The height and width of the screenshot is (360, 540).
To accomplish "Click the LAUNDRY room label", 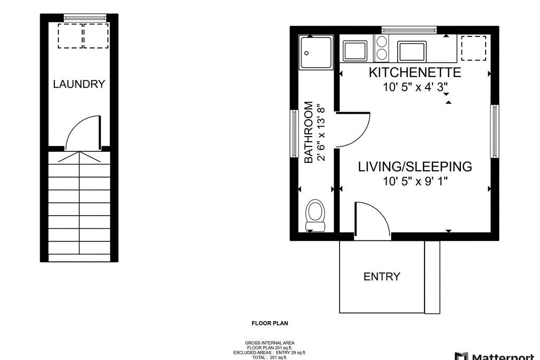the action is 79,84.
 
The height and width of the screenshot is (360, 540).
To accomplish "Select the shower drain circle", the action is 306,53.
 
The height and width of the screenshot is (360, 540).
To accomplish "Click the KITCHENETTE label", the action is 415,72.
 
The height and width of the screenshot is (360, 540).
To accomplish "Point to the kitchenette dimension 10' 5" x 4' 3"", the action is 416,87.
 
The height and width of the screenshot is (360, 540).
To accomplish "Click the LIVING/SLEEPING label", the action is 415,167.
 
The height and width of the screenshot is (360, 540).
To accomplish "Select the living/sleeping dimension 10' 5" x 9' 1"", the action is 416,181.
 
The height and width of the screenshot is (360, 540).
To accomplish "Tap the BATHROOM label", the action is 308,132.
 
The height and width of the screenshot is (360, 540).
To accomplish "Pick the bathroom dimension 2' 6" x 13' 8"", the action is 321,132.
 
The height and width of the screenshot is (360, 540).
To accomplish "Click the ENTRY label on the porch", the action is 382,276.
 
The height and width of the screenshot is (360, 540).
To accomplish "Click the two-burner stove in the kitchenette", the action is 381,47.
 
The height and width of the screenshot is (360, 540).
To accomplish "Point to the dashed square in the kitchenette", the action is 474,48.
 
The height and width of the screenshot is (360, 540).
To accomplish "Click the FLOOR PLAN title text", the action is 269,323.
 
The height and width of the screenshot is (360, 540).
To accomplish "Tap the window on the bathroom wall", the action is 294,133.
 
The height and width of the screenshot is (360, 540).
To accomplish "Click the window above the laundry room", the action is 85,17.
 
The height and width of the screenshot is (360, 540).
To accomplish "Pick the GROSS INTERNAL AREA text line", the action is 269,343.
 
